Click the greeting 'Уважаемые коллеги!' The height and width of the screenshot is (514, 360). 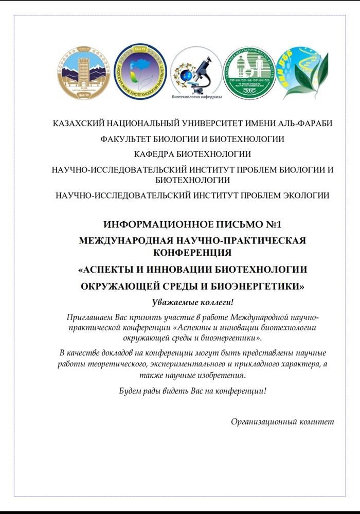coord(192,301)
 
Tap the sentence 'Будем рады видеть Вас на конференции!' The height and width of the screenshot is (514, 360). coord(192,391)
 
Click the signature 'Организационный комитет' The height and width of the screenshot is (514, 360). coord(282,421)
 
